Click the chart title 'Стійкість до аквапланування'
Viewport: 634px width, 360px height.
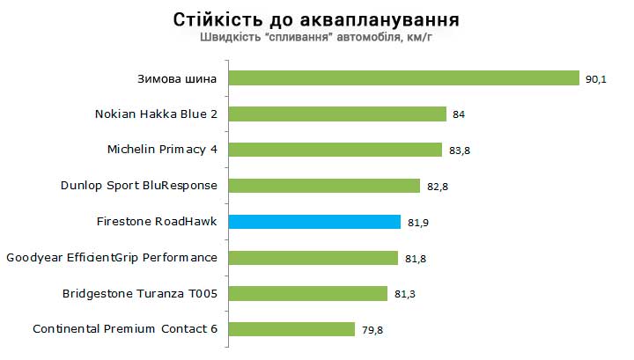coord(316,18)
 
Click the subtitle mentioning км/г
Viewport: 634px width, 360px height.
coord(316,38)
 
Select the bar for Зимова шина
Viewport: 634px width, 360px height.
coord(403,78)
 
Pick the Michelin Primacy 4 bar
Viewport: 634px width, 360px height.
coord(335,150)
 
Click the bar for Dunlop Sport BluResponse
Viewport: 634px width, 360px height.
coord(324,186)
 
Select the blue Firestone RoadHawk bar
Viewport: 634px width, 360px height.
coord(314,222)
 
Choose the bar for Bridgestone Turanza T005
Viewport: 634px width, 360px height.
coord(308,293)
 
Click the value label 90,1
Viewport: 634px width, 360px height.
coord(595,79)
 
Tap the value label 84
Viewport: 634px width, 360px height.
coord(459,114)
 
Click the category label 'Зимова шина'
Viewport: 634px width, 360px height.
coord(177,78)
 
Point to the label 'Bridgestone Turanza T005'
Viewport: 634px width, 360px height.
coord(139,293)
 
